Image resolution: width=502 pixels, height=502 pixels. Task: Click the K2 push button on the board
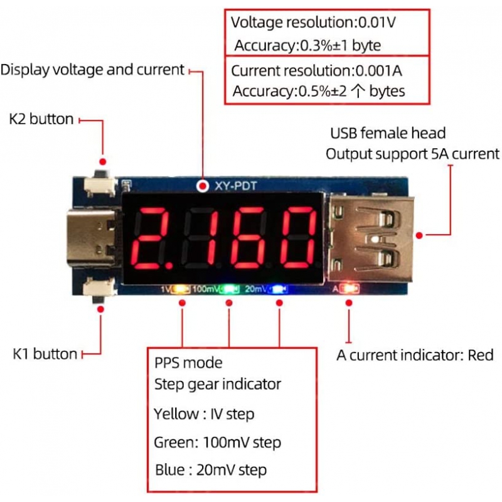click(100, 184)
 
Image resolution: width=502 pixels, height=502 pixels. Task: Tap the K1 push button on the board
click(99, 290)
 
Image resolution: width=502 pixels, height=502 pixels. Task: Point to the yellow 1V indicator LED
click(181, 289)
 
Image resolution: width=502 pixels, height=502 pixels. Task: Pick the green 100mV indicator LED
click(230, 289)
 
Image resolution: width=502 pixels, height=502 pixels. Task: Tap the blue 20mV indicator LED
click(279, 289)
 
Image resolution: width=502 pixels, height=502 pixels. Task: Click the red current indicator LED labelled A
click(350, 289)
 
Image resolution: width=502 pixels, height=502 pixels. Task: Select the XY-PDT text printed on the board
click(236, 186)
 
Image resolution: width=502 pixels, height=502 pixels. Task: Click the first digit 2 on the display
click(151, 238)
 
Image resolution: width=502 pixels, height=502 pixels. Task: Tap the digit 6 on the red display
click(247, 238)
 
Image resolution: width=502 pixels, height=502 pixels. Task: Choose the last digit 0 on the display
click(297, 238)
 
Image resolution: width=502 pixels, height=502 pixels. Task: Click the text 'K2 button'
click(41, 119)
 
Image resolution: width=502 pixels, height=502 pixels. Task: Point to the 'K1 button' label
click(45, 354)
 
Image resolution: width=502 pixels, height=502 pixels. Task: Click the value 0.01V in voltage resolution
click(377, 23)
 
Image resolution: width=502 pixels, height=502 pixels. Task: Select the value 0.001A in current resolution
click(379, 71)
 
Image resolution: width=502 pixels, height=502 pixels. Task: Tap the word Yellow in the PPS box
click(176, 414)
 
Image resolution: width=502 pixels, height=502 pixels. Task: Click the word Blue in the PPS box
click(170, 470)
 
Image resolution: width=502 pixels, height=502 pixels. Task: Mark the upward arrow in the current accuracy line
click(358, 91)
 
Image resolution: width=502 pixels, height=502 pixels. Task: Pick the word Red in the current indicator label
click(480, 355)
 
